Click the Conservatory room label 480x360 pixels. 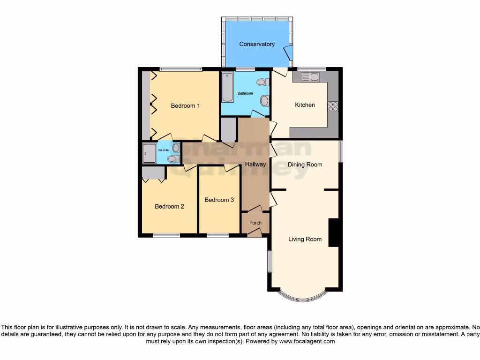[x=256, y=44]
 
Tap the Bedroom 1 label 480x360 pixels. [x=185, y=105]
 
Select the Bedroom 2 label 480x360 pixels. [x=169, y=206]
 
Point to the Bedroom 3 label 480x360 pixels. [x=219, y=200]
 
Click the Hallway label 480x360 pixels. [x=255, y=164]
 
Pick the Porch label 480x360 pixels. [x=255, y=223]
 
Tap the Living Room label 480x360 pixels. [x=305, y=239]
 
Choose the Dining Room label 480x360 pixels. [x=305, y=165]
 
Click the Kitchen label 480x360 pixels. [x=305, y=105]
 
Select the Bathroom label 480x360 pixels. [x=245, y=93]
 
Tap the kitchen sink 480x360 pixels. [x=309, y=76]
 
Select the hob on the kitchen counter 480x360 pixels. [x=333, y=106]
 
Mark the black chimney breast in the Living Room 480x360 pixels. [x=333, y=232]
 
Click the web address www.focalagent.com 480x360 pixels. [x=307, y=341]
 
